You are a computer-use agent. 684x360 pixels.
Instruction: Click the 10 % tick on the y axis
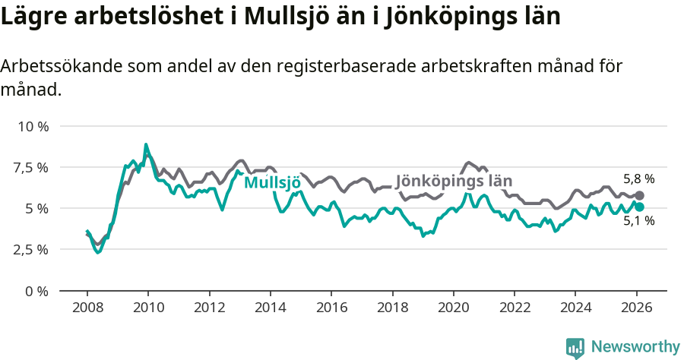[33, 126]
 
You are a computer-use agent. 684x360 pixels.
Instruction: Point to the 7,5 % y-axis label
[31, 167]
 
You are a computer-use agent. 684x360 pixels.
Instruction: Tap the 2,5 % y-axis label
[31, 249]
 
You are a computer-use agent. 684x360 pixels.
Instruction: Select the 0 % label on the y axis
[37, 291]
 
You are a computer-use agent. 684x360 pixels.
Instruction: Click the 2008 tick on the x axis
[87, 308]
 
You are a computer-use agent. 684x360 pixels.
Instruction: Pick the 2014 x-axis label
[270, 308]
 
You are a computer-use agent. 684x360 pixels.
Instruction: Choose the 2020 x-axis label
[453, 308]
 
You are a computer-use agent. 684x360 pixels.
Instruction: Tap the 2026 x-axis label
[636, 308]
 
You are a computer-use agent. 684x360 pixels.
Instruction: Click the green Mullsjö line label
[272, 182]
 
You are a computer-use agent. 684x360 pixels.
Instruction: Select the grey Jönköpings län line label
[454, 181]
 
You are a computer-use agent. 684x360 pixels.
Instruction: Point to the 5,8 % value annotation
[638, 180]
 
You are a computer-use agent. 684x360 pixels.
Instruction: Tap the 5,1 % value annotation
[638, 221]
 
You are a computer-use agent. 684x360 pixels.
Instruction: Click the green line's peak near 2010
[146, 144]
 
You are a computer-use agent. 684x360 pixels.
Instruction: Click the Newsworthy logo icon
[575, 348]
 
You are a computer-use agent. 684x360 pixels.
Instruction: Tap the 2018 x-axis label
[392, 308]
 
